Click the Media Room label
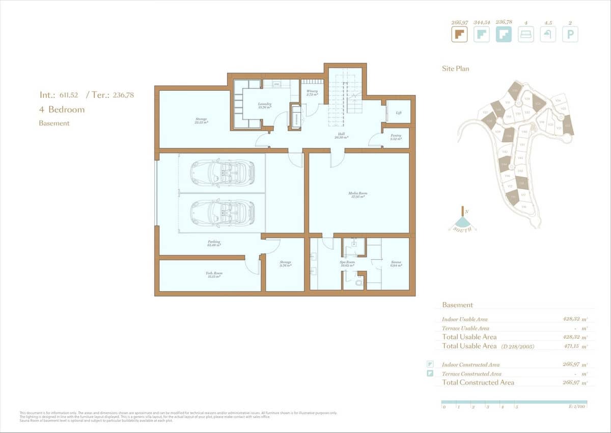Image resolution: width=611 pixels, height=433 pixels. pos(358,194)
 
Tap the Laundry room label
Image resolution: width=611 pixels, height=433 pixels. pos(265,104)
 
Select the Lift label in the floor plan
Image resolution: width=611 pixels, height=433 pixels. pos(399,113)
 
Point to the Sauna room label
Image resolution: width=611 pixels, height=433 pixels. pos(396,262)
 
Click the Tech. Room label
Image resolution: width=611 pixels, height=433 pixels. pos(214,273)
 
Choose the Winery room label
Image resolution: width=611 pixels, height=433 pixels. pos(312,91)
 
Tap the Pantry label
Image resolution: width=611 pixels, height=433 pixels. pos(396,136)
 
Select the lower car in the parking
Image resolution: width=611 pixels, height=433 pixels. pos(223,212)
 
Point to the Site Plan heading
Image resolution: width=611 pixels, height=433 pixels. pos(455,68)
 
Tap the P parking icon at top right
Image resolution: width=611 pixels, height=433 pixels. pos(570,35)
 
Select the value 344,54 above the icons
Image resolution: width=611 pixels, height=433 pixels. pos(481,22)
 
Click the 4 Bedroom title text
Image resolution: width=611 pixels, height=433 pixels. pos(62,110)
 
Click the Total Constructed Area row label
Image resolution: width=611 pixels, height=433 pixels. pos(478,383)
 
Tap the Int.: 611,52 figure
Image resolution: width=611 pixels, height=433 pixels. pos(59,95)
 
